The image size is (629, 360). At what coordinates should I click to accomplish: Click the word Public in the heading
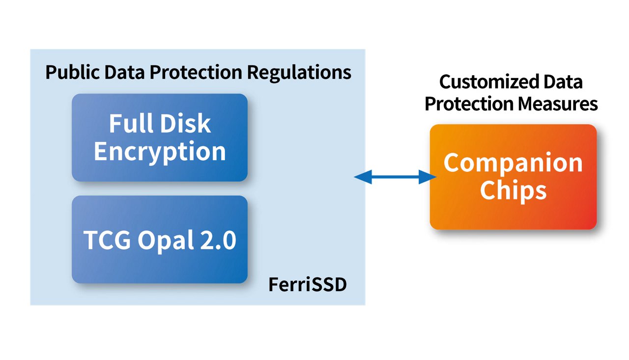point(70,73)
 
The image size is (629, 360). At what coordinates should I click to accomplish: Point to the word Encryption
point(160,152)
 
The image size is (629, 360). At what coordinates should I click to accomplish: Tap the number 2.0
point(218,241)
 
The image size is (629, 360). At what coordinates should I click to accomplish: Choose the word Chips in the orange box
point(513,191)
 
